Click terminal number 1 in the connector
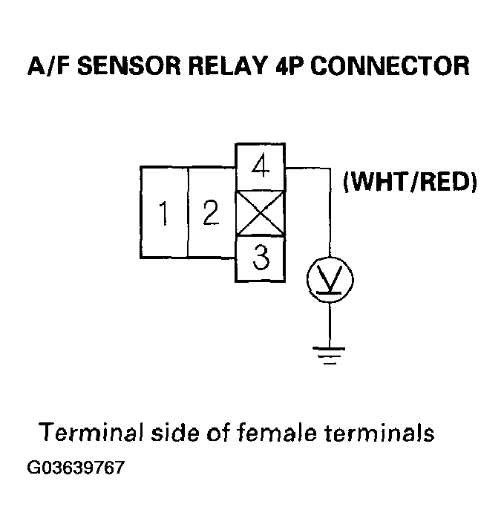pos(163,213)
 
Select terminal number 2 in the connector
pos(212,213)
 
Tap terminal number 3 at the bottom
pos(260,258)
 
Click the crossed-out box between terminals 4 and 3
pos(260,212)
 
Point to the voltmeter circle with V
pos(330,280)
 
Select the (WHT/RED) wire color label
pos(409,181)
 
